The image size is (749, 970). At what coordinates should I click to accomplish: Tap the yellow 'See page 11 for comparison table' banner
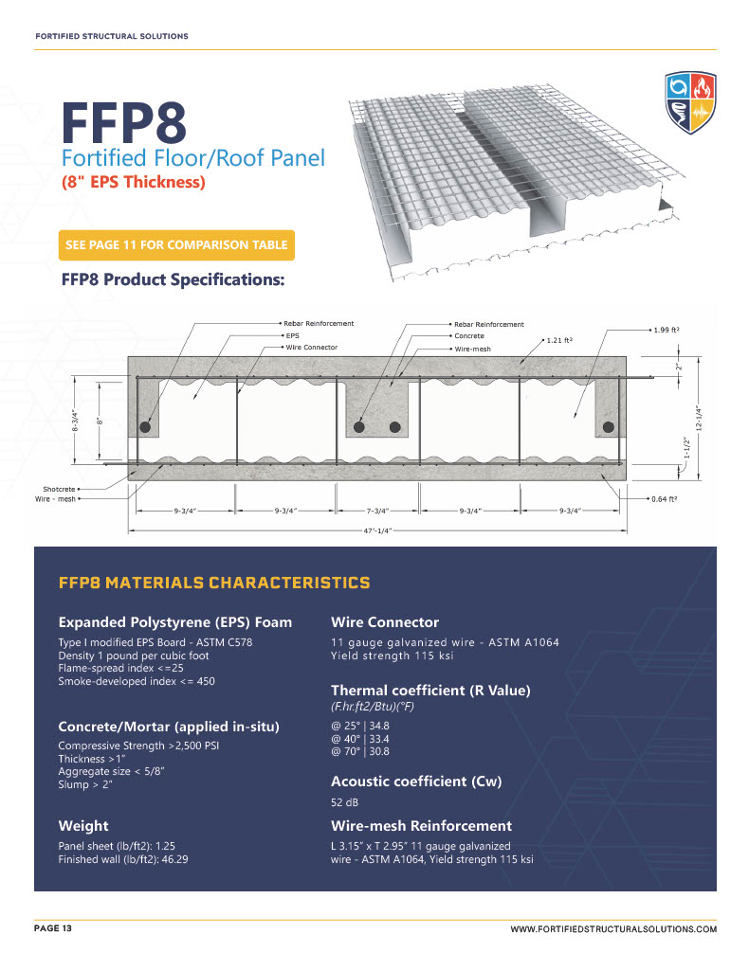[x=176, y=244]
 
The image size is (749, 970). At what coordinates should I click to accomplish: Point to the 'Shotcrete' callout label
[x=59, y=489]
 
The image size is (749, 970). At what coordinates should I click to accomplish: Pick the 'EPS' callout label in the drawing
[x=292, y=335]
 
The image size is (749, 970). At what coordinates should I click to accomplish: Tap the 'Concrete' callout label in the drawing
[x=468, y=336]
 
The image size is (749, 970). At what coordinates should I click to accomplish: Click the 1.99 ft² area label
[x=667, y=330]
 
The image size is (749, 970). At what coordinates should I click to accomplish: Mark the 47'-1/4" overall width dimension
[x=376, y=531]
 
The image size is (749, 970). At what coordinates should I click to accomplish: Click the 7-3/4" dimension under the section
[x=376, y=511]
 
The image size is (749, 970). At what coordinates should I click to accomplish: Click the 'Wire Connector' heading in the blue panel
[x=384, y=622]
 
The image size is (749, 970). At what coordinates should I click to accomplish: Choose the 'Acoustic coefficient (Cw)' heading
[x=415, y=781]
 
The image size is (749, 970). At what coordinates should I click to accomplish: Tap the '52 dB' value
[x=343, y=802]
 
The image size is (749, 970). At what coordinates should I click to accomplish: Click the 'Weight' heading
[x=83, y=826]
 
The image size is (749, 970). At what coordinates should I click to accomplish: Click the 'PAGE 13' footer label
[x=53, y=928]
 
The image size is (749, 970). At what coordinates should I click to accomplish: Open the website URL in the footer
[x=613, y=931]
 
